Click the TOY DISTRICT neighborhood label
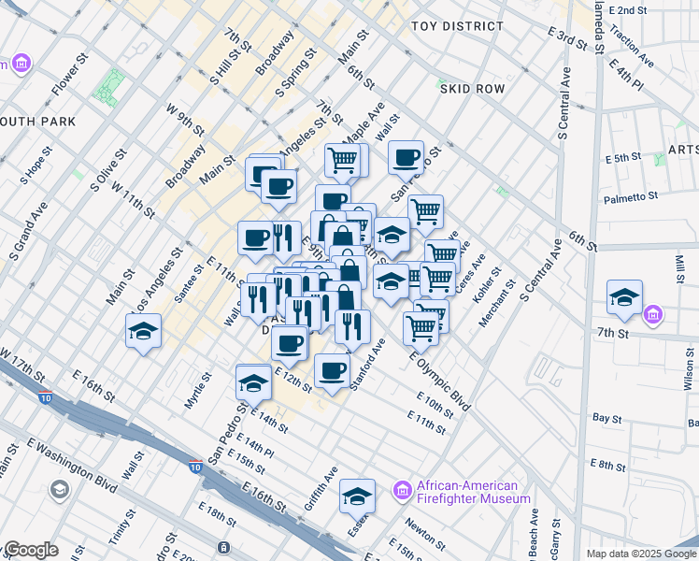(457, 26)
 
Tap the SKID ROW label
(472, 89)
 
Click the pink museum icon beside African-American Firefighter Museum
(403, 490)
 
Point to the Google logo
(32, 550)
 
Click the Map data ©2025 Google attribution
(641, 554)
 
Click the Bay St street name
(607, 418)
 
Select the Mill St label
(680, 267)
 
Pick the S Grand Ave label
(27, 230)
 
